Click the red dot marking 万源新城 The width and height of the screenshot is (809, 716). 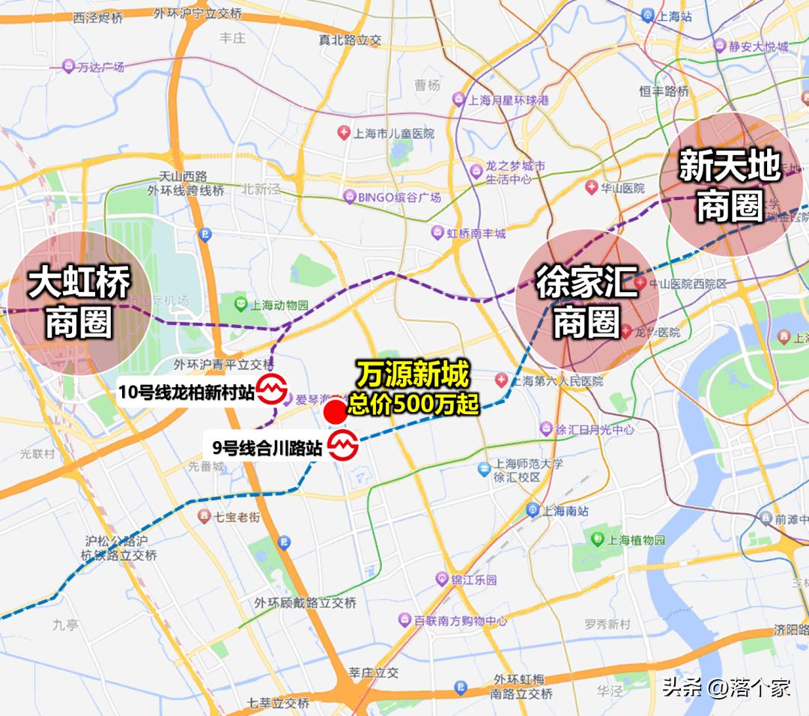(335, 411)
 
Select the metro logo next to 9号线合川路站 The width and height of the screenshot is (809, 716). (344, 447)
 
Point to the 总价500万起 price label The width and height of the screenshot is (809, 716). (413, 405)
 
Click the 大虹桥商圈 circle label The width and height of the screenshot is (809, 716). (79, 303)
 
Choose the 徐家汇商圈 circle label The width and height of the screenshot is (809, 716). (587, 301)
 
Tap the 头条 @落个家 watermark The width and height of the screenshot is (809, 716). (726, 688)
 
